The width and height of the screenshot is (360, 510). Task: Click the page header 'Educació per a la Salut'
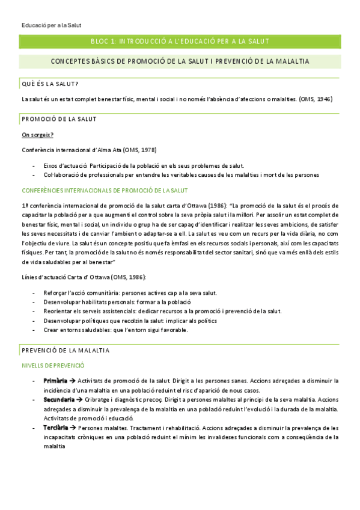[50, 25]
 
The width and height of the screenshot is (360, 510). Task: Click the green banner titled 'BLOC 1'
[179, 41]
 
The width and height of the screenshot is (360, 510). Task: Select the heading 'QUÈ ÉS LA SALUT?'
[51, 84]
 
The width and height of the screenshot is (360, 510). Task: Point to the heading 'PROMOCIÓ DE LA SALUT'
[59, 119]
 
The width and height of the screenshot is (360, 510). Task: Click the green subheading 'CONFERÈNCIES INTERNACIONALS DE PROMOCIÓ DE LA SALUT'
[105, 191]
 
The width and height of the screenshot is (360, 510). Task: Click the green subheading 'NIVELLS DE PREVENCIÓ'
[53, 365]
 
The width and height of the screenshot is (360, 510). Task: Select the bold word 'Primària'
[55, 381]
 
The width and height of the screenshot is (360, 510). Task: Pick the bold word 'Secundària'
[59, 399]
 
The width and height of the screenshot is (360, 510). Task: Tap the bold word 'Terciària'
[56, 427]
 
